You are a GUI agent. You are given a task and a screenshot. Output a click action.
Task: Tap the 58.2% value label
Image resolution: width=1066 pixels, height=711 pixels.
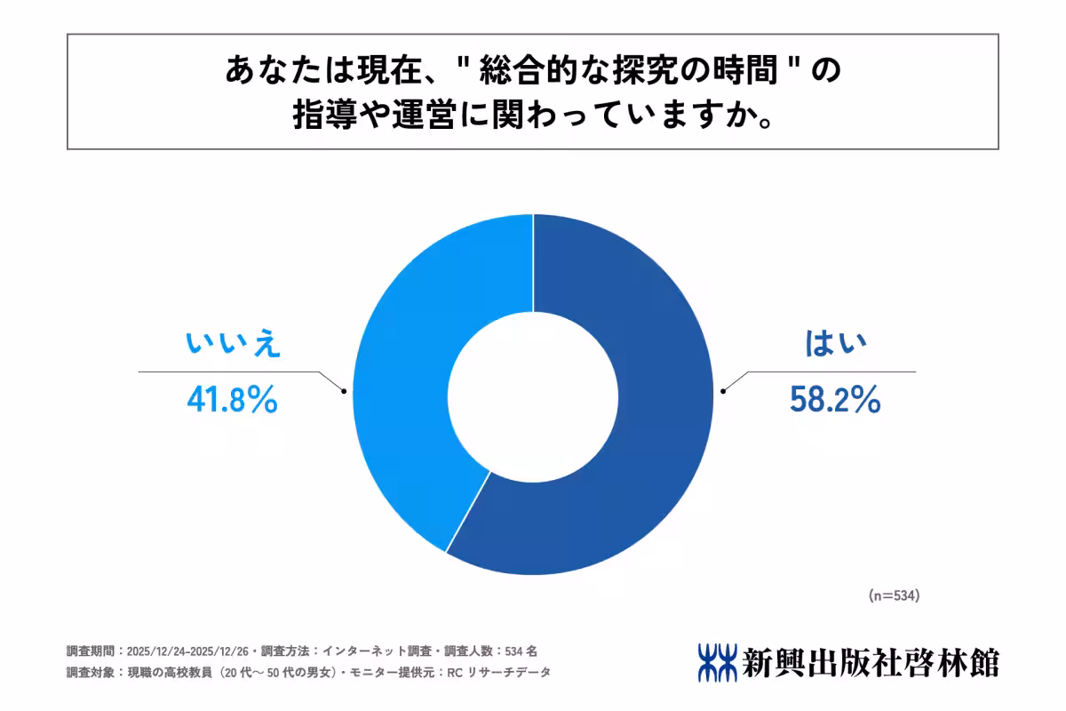click(x=834, y=402)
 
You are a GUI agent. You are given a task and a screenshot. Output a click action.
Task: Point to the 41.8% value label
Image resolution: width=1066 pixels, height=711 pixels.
click(x=232, y=401)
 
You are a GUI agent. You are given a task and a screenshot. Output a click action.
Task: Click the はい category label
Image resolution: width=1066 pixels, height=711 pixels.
click(x=834, y=345)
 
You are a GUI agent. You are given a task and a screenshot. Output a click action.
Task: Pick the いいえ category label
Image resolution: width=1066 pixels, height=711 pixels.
click(x=233, y=345)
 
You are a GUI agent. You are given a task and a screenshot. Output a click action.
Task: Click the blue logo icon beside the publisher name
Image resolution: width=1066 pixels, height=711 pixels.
click(x=717, y=662)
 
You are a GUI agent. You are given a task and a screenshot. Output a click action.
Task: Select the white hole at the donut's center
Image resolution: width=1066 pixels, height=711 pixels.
click(x=533, y=394)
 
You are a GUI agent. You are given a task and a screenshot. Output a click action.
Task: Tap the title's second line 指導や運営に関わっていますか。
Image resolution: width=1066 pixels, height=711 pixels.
click(x=532, y=116)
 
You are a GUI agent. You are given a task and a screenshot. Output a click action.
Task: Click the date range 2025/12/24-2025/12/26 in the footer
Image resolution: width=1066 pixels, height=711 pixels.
click(x=187, y=651)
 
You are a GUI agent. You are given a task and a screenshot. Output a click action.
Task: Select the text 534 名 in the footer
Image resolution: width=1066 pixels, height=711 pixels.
click(x=519, y=651)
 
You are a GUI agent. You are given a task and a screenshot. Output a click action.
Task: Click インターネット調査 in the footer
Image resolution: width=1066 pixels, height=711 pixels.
click(x=362, y=651)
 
